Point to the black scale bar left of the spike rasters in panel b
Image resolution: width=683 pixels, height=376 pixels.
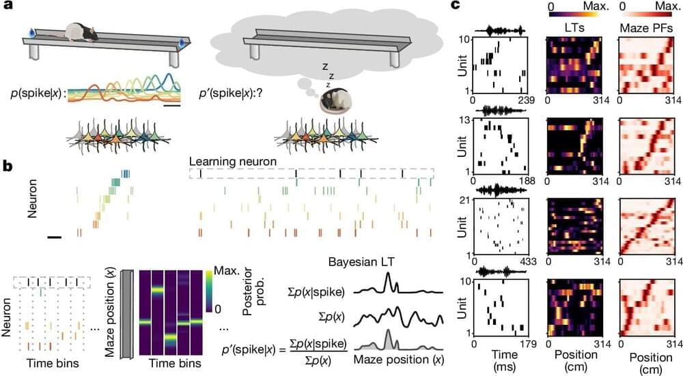pyautogui.click(x=55, y=237)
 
